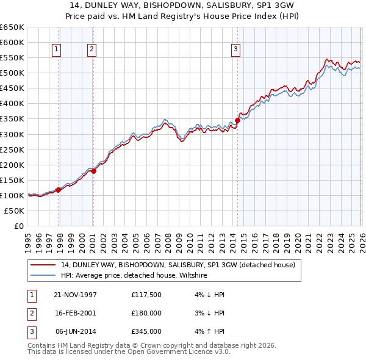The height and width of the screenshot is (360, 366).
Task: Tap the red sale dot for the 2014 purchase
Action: [x=237, y=120]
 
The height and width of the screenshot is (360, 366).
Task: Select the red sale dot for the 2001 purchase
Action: [x=94, y=171]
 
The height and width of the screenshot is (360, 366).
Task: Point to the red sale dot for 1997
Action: [x=59, y=190]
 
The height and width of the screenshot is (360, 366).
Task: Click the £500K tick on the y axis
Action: [x=12, y=73]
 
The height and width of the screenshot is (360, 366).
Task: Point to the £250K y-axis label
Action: [x=12, y=149]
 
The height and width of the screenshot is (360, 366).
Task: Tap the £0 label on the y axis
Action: [x=18, y=226]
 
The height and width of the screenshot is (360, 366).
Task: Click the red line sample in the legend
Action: [x=43, y=265]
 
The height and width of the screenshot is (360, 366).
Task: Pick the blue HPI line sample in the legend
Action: [x=43, y=275]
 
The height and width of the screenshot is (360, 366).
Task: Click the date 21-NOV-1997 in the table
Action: [x=75, y=295]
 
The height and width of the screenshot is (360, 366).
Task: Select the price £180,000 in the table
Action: [x=146, y=313]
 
